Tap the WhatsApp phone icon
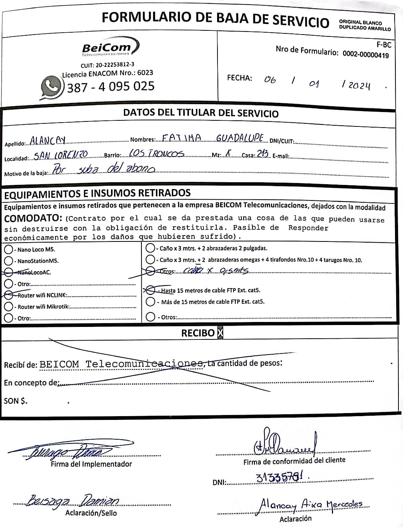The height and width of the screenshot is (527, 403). pyautogui.click(x=51, y=87)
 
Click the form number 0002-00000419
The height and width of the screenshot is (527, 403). pyautogui.click(x=365, y=54)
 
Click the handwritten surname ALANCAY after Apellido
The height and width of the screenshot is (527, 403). pyautogui.click(x=48, y=141)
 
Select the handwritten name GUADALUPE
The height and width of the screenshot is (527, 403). pyautogui.click(x=240, y=138)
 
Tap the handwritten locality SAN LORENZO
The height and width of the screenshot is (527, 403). pyautogui.click(x=61, y=155)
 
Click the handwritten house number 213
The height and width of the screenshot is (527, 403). pyautogui.click(x=263, y=154)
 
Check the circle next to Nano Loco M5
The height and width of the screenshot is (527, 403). pyautogui.click(x=8, y=249)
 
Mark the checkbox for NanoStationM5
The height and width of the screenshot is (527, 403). pyautogui.click(x=8, y=261)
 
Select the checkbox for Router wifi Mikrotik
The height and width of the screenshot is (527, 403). pyautogui.click(x=8, y=307)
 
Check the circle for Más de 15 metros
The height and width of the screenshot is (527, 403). pyautogui.click(x=151, y=302)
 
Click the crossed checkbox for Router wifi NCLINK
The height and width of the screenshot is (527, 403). pyautogui.click(x=8, y=295)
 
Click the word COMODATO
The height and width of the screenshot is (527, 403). pyautogui.click(x=33, y=218)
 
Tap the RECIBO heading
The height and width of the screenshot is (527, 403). pyautogui.click(x=198, y=333)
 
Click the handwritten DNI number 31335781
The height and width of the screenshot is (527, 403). pyautogui.click(x=281, y=477)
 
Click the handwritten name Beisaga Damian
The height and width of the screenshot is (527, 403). pyautogui.click(x=73, y=501)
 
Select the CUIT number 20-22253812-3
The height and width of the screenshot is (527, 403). pyautogui.click(x=107, y=65)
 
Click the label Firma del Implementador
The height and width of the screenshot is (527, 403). pyautogui.click(x=91, y=464)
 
